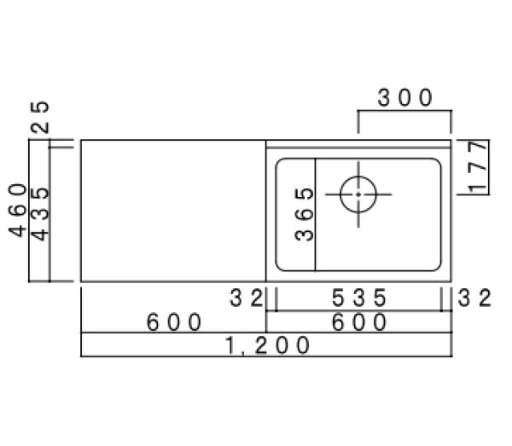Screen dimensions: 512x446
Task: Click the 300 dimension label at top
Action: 404,97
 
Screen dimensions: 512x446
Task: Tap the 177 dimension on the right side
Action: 478,166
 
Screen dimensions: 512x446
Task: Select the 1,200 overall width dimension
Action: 267,345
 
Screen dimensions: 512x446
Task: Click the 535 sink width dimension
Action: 359,298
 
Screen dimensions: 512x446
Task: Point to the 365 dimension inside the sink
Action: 304,214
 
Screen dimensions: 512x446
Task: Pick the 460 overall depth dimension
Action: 17,210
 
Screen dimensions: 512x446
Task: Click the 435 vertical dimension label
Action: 40,214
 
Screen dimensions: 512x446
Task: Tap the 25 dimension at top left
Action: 40,118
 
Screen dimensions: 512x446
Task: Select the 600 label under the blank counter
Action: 174,322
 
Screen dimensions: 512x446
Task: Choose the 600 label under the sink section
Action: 359,322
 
